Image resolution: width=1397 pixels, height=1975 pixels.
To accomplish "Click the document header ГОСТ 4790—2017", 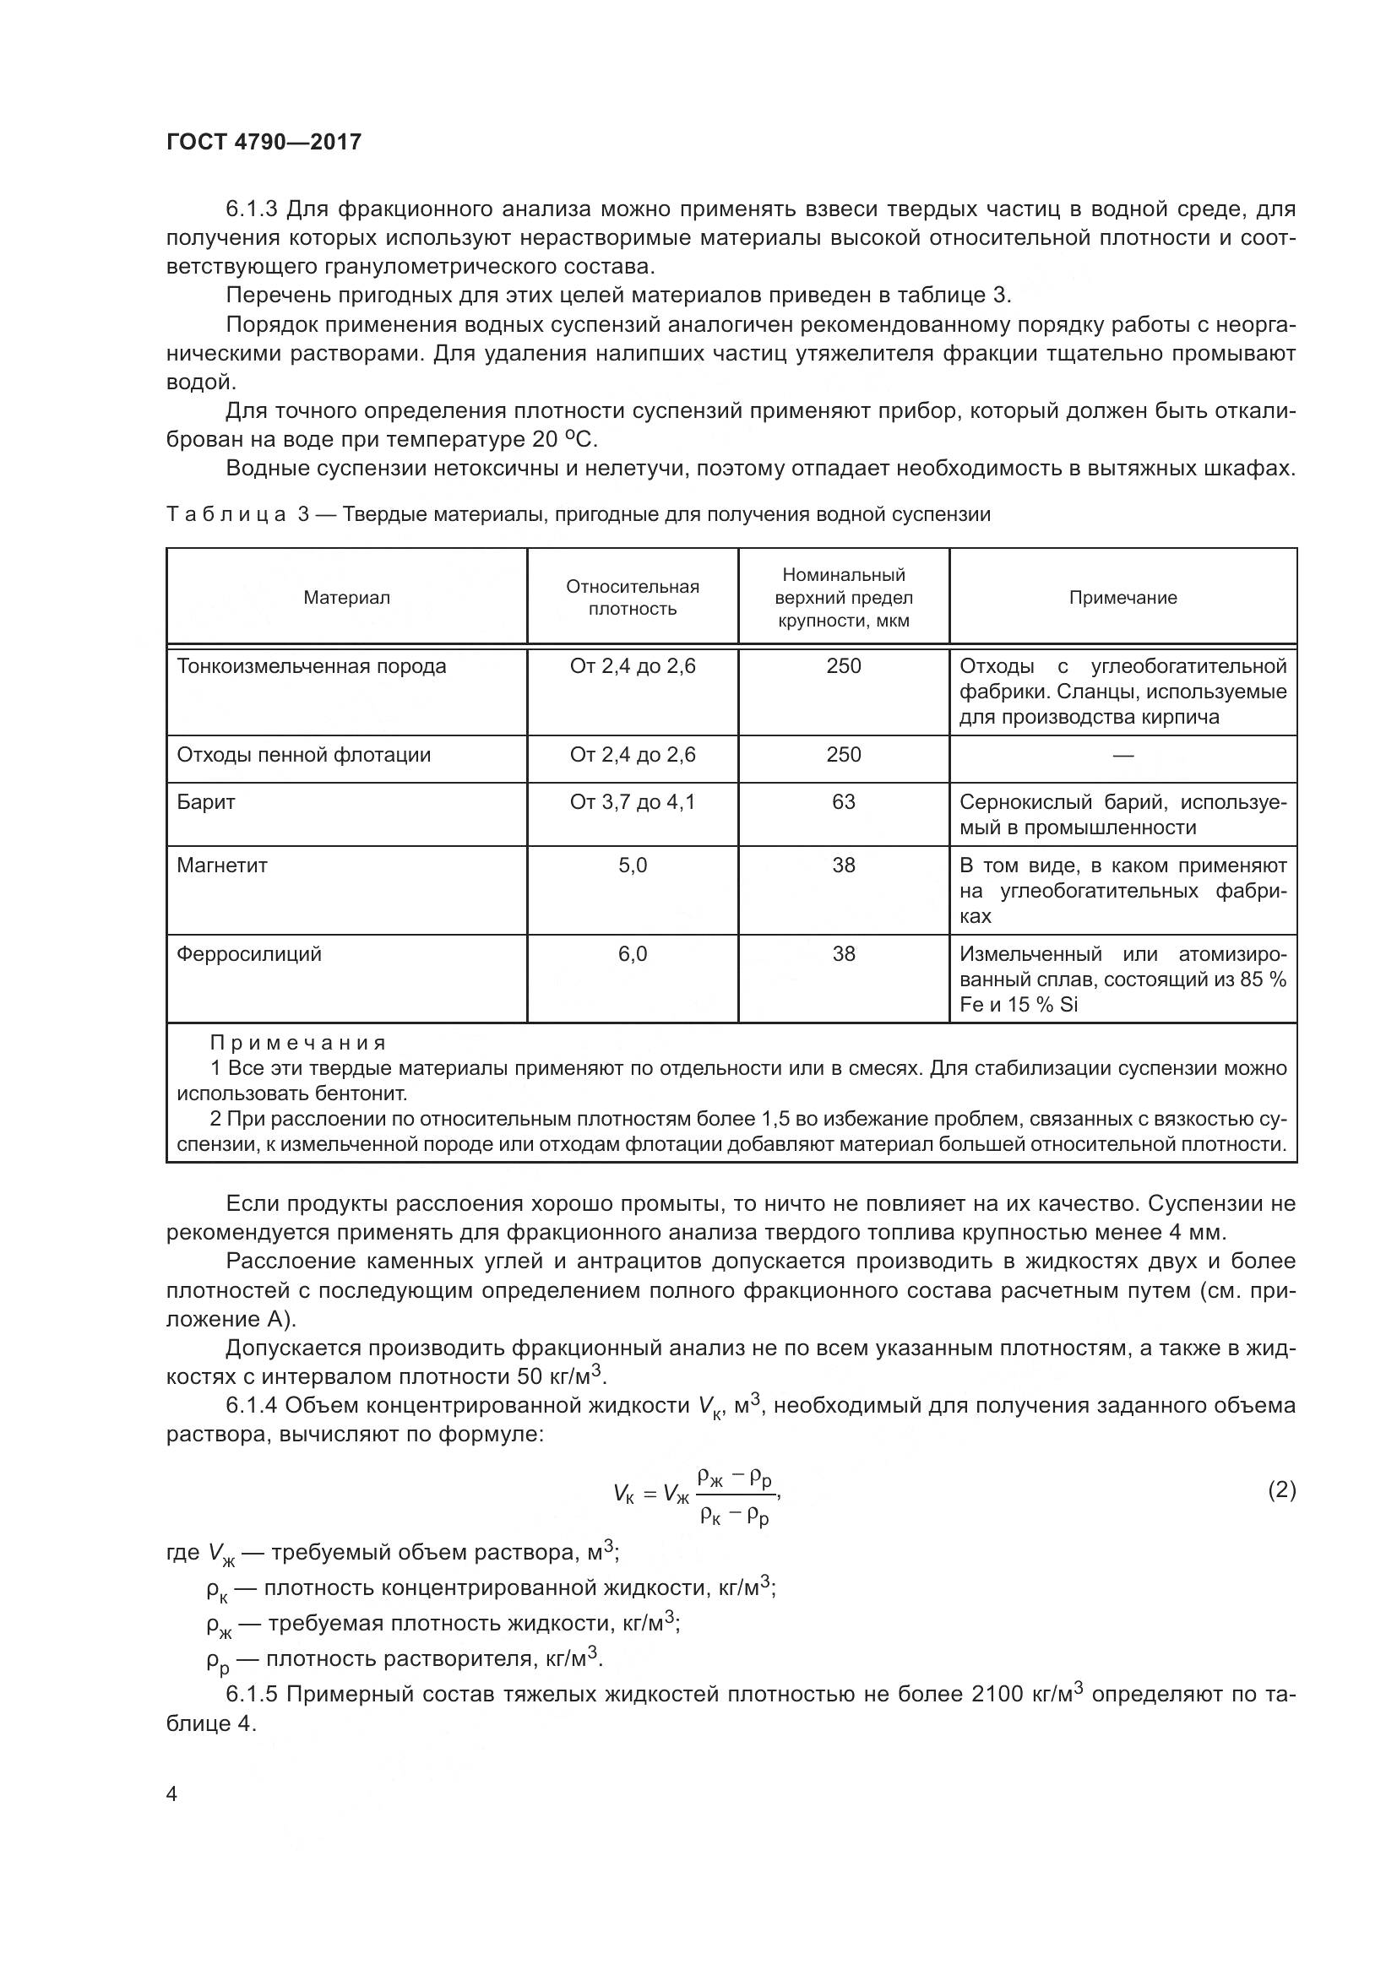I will pyautogui.click(x=264, y=142).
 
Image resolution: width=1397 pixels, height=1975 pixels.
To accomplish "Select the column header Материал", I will pyautogui.click(x=346, y=598).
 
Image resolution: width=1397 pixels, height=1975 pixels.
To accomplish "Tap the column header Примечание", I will pyautogui.click(x=1122, y=598).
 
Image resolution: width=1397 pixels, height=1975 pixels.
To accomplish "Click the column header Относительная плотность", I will pyautogui.click(x=633, y=598).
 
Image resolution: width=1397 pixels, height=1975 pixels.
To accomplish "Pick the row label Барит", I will pyautogui.click(x=205, y=801).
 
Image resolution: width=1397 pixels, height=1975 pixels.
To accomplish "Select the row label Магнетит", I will pyautogui.click(x=222, y=865).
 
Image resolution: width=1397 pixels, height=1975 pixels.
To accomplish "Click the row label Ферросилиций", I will pyautogui.click(x=248, y=954).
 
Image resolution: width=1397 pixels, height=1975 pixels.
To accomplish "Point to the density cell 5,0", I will pyautogui.click(x=633, y=865).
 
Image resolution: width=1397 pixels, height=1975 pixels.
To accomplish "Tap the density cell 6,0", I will pyautogui.click(x=633, y=954).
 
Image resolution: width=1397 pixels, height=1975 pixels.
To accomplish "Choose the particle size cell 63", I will pyautogui.click(x=843, y=801).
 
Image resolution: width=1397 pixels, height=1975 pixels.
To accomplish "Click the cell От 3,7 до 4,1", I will pyautogui.click(x=633, y=801).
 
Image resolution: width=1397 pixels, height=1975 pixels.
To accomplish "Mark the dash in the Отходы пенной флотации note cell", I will pyautogui.click(x=1122, y=755).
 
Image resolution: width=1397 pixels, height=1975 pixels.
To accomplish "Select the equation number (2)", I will pyautogui.click(x=1281, y=1489).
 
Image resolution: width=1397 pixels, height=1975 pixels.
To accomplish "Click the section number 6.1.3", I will pyautogui.click(x=251, y=209).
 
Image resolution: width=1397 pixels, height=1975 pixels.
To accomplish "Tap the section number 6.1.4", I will pyautogui.click(x=251, y=1406).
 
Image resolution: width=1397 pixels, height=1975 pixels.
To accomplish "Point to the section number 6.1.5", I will pyautogui.click(x=251, y=1695).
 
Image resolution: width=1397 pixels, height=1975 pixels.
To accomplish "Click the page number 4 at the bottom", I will pyautogui.click(x=172, y=1794).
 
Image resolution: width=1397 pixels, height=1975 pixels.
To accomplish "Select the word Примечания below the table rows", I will pyautogui.click(x=297, y=1044).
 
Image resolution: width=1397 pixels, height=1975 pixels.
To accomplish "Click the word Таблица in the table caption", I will pyautogui.click(x=226, y=514).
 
